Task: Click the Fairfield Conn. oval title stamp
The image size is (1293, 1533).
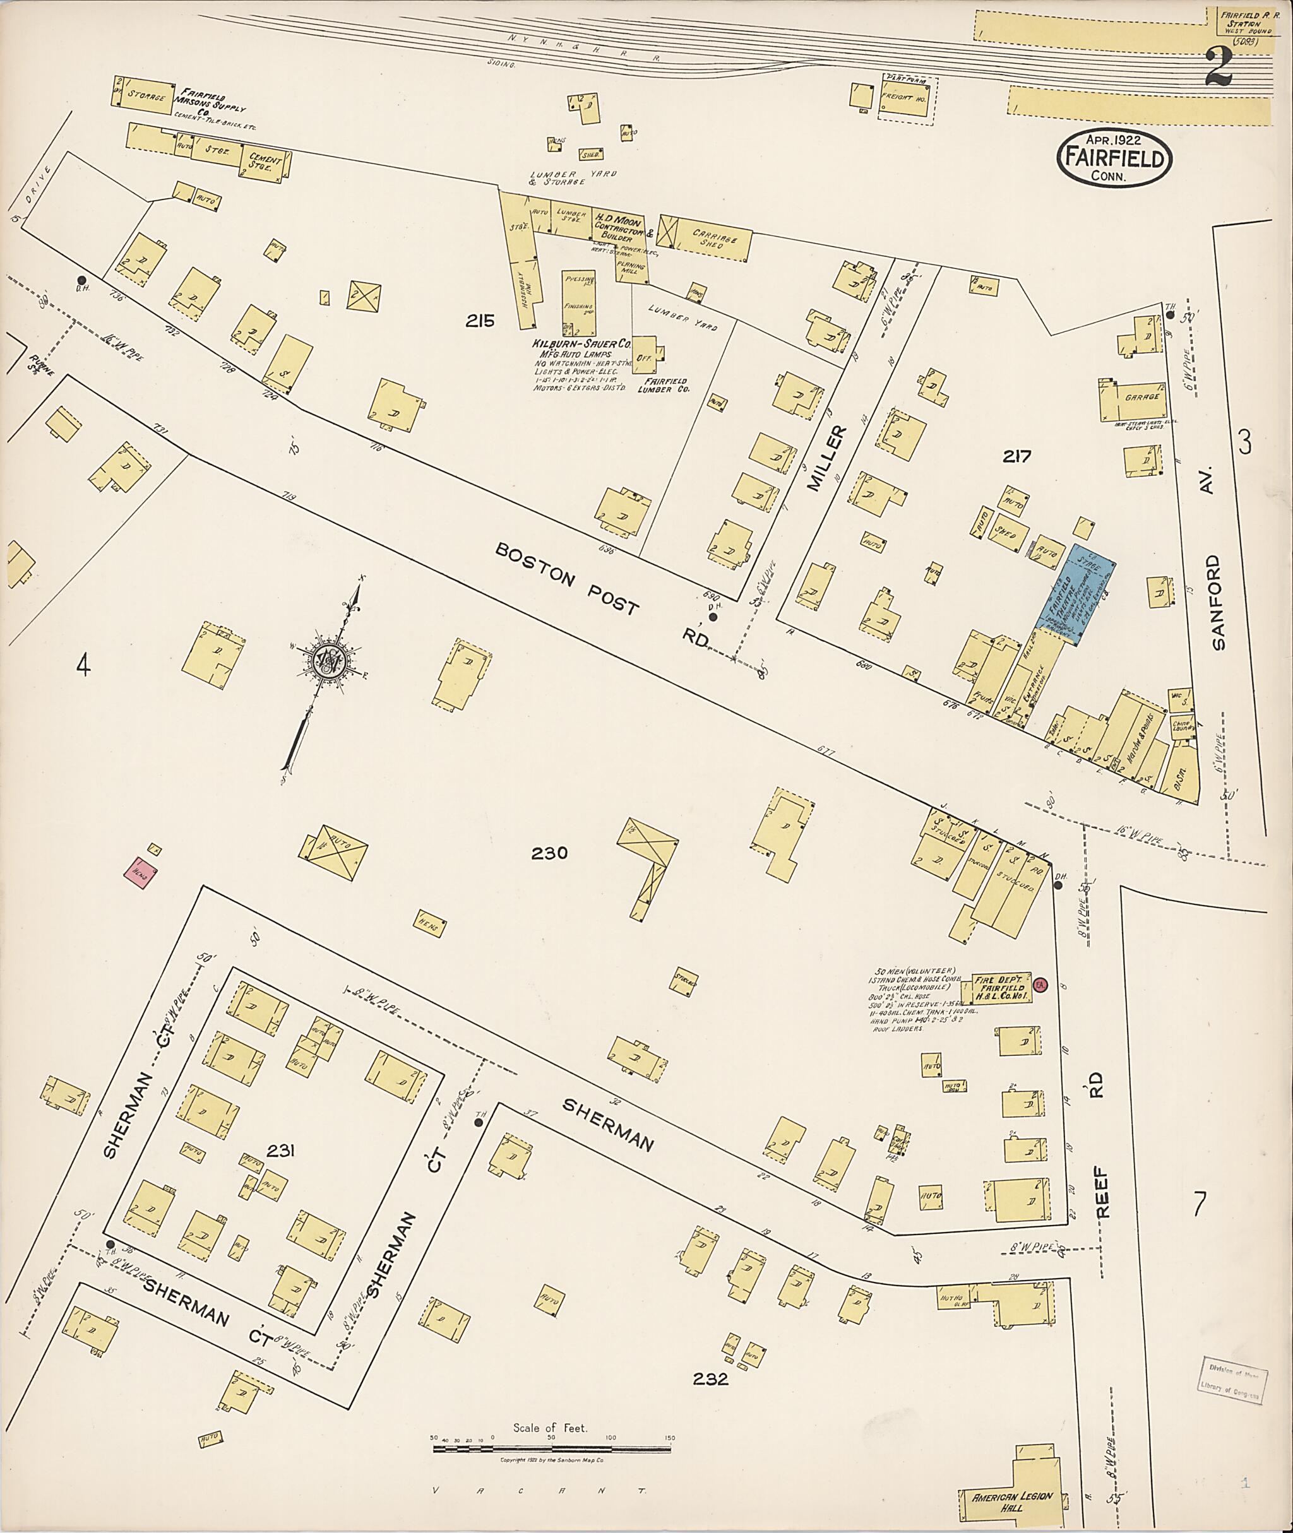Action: point(1114,158)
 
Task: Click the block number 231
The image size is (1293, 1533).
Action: point(281,1151)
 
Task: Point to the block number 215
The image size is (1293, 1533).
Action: point(480,320)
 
